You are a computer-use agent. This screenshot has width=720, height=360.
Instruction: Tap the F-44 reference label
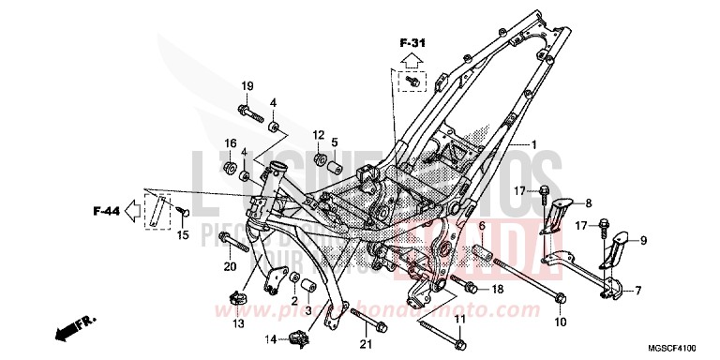(x=106, y=210)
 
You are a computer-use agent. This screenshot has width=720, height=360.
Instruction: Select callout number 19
(x=247, y=87)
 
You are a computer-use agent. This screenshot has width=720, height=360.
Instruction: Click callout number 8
(x=589, y=202)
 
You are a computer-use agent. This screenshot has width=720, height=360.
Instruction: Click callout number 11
(x=459, y=322)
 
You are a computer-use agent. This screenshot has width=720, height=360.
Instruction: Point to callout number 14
(x=269, y=338)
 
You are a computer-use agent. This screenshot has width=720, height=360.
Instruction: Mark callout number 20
(x=229, y=266)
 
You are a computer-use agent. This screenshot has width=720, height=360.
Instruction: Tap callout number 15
(x=183, y=234)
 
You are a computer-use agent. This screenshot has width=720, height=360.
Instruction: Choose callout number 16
(x=229, y=142)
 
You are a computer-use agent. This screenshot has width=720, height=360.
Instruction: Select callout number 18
(x=498, y=290)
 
